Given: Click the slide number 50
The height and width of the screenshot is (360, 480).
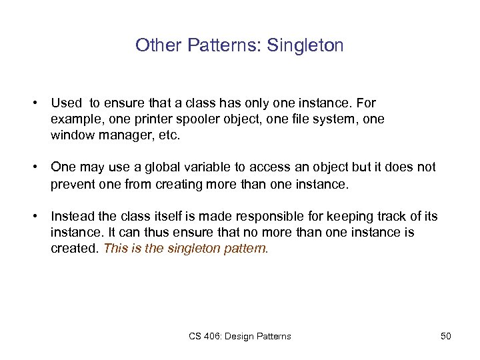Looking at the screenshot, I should pos(446,336).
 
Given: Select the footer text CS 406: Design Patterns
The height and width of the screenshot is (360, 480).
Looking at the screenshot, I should pos(240,336).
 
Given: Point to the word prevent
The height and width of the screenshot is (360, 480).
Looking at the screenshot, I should pos(71,184).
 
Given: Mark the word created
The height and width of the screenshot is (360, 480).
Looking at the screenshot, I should pos(73,248).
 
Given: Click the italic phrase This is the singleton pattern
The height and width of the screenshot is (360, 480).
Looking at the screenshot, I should pos(186,248).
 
